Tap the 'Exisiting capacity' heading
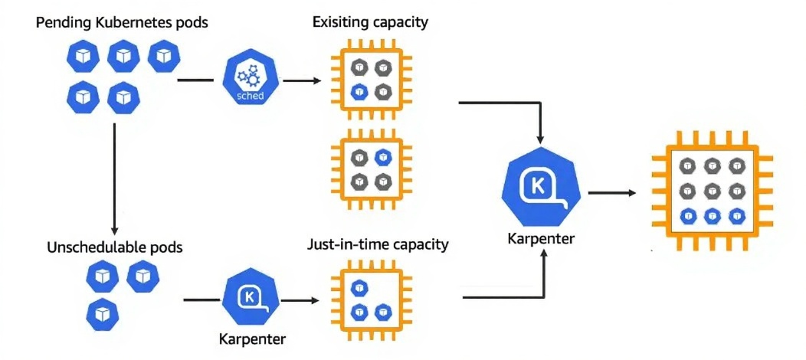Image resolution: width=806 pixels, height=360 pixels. [x=370, y=22]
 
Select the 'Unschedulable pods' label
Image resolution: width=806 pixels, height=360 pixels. [x=115, y=247]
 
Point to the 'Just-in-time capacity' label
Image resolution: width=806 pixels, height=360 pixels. [x=378, y=246]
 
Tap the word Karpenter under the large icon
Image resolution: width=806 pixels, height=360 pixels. [x=541, y=239]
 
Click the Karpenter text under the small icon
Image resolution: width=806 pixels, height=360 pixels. [x=248, y=338]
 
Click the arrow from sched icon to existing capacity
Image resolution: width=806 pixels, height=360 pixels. [x=303, y=80]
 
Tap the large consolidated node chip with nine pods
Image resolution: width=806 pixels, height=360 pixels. [x=712, y=191]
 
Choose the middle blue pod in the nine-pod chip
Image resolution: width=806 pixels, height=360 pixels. [x=712, y=215]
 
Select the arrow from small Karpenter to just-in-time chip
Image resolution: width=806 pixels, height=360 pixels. [x=303, y=300]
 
